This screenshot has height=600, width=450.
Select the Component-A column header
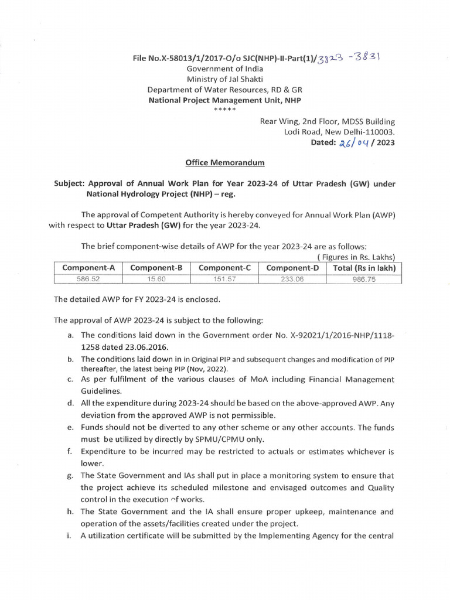pos(88,268)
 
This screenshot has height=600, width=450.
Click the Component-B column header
pos(156,268)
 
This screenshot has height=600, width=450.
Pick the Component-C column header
pos(225,268)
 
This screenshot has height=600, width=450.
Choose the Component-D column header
pos(293,268)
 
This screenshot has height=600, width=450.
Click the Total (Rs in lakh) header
pos(364,268)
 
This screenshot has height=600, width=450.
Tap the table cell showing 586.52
pos(88,279)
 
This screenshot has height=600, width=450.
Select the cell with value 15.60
pos(156,279)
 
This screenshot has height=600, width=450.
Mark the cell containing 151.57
pos(225,279)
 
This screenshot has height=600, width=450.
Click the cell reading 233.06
pos(293,279)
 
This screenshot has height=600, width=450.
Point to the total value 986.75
pos(364,279)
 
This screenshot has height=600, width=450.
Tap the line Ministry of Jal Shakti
pos(225,79)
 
